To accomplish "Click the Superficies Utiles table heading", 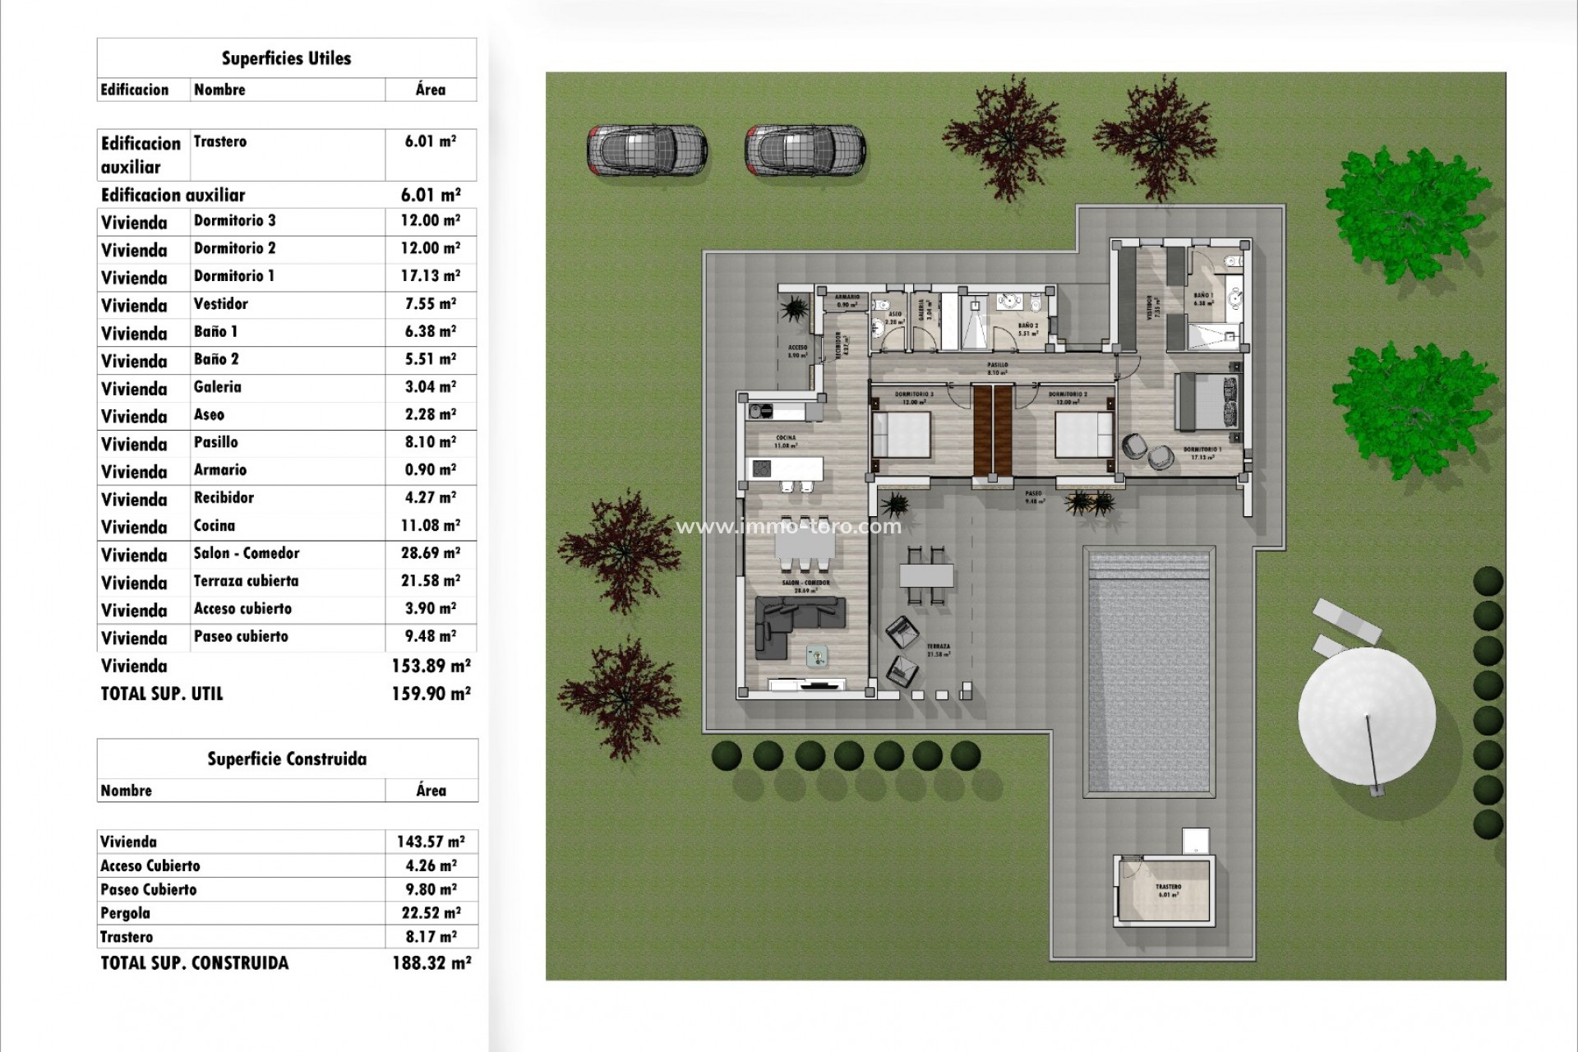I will tap(286, 58).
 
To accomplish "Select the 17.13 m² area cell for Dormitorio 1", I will tap(430, 276).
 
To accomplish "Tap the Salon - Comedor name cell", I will tap(247, 553).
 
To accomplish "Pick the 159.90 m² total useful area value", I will tap(431, 694).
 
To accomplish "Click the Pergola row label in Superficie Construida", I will tap(125, 913).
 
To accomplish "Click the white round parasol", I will tap(1367, 715).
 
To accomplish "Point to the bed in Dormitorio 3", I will tap(902, 435).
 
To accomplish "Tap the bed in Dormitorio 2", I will tap(1084, 435).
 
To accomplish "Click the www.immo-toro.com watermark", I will tap(788, 526).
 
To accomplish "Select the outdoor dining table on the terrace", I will tap(926, 575).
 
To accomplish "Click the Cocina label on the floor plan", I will tap(786, 438).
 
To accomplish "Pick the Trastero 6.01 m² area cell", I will tap(430, 141).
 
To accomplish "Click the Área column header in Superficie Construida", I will tap(431, 791).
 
